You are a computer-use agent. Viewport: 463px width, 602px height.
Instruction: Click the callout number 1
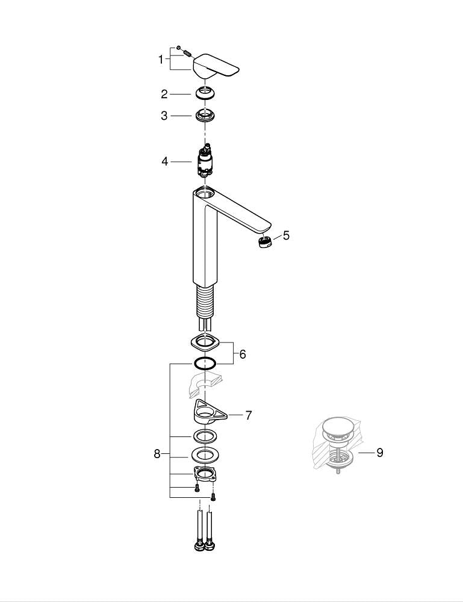coord(161,60)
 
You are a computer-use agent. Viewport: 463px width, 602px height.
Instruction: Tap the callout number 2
coord(164,94)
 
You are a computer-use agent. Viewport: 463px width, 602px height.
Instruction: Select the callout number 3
coord(164,116)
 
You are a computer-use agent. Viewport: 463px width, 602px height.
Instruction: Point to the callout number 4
coord(165,161)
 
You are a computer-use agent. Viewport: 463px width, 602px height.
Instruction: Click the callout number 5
coord(287,235)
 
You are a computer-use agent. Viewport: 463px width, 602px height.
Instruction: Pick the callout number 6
coord(243,354)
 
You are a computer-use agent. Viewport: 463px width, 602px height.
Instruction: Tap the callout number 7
coord(249,415)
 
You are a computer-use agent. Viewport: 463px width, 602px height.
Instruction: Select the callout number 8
coord(157,454)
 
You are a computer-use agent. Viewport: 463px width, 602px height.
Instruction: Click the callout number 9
coord(380,453)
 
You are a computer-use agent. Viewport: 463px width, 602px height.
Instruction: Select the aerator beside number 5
coord(264,243)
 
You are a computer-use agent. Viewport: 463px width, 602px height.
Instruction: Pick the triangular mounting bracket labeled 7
coord(210,413)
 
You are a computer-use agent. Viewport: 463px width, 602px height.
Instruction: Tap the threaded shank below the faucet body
coord(205,302)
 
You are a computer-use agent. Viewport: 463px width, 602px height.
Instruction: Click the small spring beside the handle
coord(187,52)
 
